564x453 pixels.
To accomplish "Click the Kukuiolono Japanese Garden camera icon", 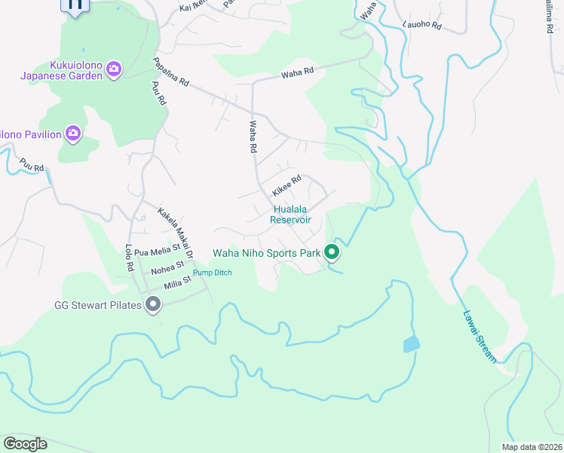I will tap(114, 69).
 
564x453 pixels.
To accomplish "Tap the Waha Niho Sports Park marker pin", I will tap(332, 252).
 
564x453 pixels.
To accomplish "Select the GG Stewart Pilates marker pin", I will tap(153, 305).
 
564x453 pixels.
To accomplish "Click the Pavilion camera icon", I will tap(72, 134).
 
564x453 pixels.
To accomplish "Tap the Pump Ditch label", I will tap(213, 273).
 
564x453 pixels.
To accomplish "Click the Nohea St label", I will tap(167, 267).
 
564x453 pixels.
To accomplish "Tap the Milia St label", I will tap(176, 282).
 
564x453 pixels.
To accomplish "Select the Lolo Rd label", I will tap(130, 256).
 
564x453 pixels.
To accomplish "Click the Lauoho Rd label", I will tap(421, 26).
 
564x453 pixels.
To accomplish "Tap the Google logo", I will tap(25, 443).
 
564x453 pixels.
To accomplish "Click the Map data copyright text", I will tap(532, 447).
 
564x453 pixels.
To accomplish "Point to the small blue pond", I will tap(411, 344).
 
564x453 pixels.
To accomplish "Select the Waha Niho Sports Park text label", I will tap(268, 253).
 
